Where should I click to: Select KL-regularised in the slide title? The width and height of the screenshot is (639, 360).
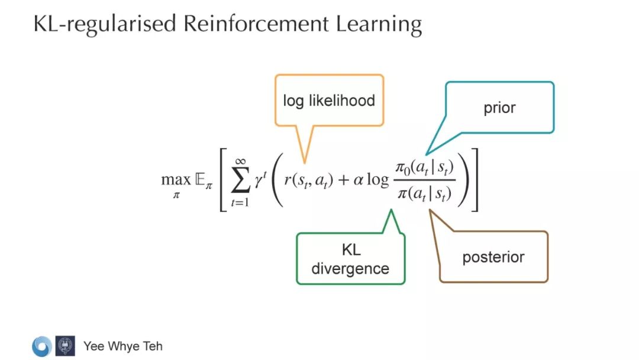click(x=104, y=25)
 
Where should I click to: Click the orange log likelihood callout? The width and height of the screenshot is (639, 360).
click(x=328, y=100)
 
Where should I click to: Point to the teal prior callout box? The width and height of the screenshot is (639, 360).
click(x=499, y=108)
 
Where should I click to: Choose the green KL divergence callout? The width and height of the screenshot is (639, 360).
click(x=350, y=258)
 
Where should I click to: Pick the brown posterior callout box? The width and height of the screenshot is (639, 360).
click(x=493, y=257)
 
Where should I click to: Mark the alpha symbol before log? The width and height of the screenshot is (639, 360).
click(x=358, y=180)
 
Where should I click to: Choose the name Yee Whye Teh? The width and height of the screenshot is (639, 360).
click(x=122, y=346)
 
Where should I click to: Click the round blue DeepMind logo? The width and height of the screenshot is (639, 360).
click(x=41, y=346)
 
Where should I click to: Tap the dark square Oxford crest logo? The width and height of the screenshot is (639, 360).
click(x=65, y=346)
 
